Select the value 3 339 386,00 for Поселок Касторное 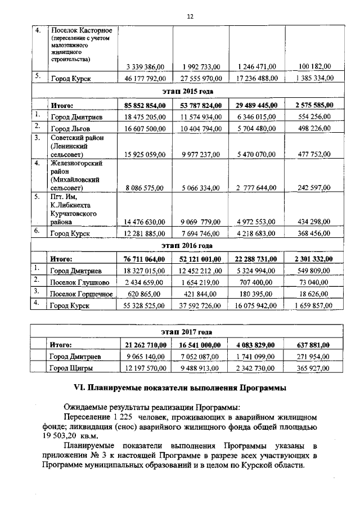(x=145, y=67)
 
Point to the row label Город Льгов (x=71, y=129)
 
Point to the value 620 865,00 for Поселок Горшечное (x=148, y=294)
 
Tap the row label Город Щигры (x=71, y=368)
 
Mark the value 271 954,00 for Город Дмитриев (x=314, y=357)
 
